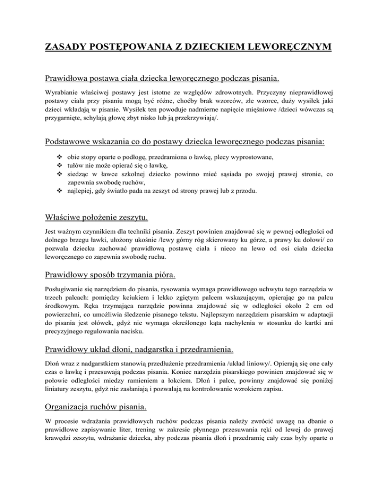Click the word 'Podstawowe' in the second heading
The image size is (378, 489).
click(x=73, y=142)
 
